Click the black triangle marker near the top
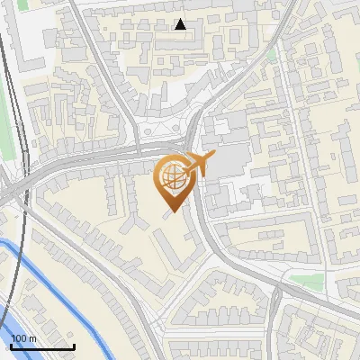[180, 24]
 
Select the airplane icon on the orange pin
[199, 163]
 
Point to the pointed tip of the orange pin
[170, 211]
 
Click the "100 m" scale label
[22, 337]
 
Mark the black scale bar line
[41, 346]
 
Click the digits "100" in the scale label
[19, 337]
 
